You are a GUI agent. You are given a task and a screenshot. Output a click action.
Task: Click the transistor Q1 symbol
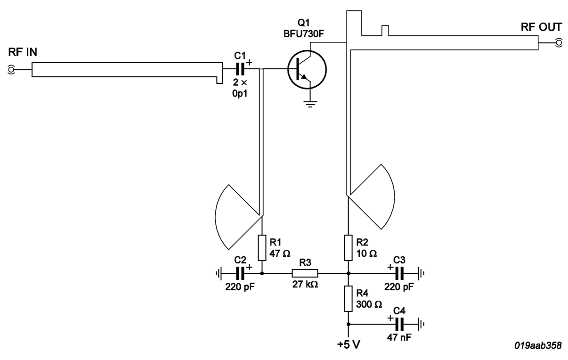coord(308,70)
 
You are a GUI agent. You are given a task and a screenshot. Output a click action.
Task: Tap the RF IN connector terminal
coord(11,70)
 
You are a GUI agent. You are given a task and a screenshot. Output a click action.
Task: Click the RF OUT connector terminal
coord(559,43)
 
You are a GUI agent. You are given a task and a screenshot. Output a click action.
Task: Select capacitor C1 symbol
coord(240,70)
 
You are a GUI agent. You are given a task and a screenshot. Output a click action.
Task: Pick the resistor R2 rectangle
coord(348,247)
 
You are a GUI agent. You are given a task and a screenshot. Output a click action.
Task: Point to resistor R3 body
coord(305,273)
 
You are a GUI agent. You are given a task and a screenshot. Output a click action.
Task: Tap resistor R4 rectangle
coord(348,298)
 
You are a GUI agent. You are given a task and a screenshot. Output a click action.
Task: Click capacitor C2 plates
coord(240,273)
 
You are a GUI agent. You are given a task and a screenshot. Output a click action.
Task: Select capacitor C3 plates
coord(400,273)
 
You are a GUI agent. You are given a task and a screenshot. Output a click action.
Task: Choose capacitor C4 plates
coord(400,324)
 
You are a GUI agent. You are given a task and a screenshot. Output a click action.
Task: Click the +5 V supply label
coord(349,345)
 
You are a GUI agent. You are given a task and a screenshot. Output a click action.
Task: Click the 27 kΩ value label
coord(305,285)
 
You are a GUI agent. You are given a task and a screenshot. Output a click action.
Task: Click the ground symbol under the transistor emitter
coord(310,104)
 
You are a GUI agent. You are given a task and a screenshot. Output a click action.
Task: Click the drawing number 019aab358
coord(538,345)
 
